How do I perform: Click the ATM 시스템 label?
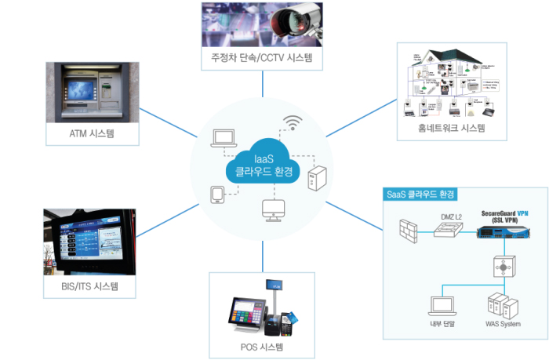[x=92, y=133]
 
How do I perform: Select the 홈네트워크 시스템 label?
[x=451, y=128]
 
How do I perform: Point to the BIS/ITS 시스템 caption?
[x=90, y=287]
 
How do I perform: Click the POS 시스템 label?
[x=260, y=346]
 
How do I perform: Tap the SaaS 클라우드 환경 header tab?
[x=421, y=194]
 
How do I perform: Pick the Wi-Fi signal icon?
[x=292, y=124]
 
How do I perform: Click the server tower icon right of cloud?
[x=316, y=178]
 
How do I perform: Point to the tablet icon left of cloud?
[x=217, y=194]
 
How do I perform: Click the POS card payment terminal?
[x=287, y=317]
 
